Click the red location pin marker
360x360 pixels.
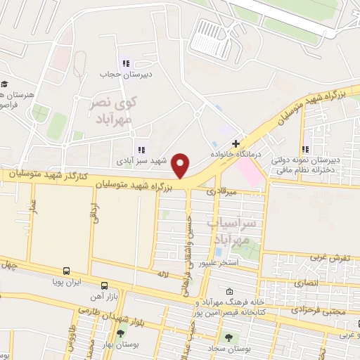point(181,166)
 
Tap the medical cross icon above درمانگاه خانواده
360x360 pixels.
point(236,143)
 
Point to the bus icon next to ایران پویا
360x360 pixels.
point(66,271)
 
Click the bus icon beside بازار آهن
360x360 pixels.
point(104,285)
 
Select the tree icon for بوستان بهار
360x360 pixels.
point(121,334)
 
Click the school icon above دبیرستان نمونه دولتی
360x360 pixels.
point(305,149)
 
